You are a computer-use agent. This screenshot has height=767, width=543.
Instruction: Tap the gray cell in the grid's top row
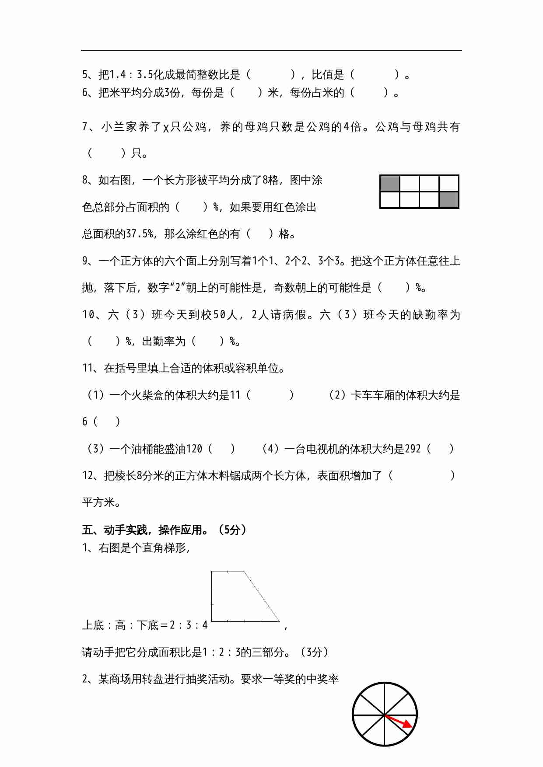tap(390, 184)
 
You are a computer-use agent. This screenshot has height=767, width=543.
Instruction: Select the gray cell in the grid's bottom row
tap(449, 200)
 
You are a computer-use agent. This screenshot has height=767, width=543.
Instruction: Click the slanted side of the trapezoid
tap(262, 596)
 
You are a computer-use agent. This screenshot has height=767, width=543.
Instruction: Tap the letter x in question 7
tap(166, 127)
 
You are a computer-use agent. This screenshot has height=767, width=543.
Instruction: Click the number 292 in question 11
tap(413, 449)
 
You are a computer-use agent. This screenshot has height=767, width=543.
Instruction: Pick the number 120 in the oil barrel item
tap(194, 449)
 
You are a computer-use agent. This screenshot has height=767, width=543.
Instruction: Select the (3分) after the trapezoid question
tap(314, 652)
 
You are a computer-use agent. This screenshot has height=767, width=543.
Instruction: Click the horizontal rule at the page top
tap(271, 50)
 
